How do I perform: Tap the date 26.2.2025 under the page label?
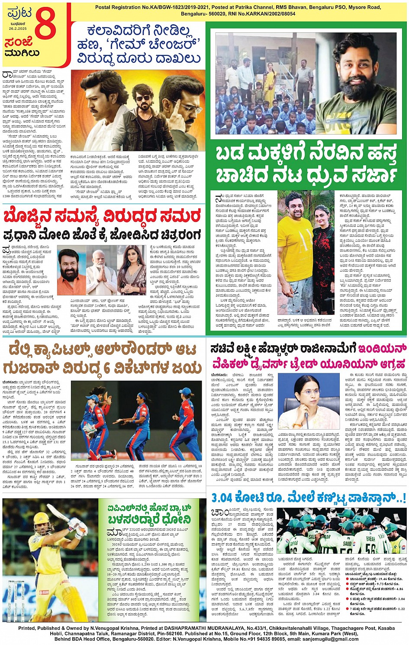17,29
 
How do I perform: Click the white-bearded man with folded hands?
101,270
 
